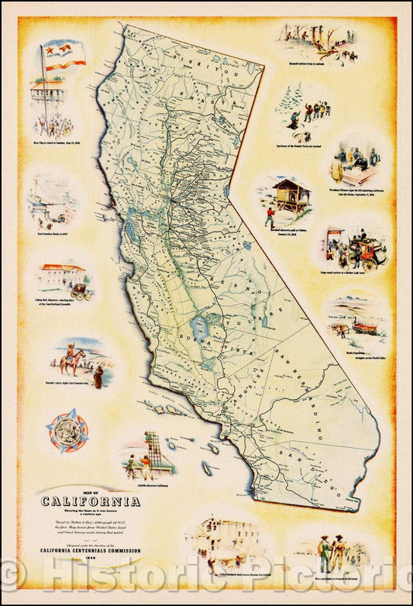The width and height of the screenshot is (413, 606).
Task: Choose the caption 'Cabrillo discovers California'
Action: [153, 484]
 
